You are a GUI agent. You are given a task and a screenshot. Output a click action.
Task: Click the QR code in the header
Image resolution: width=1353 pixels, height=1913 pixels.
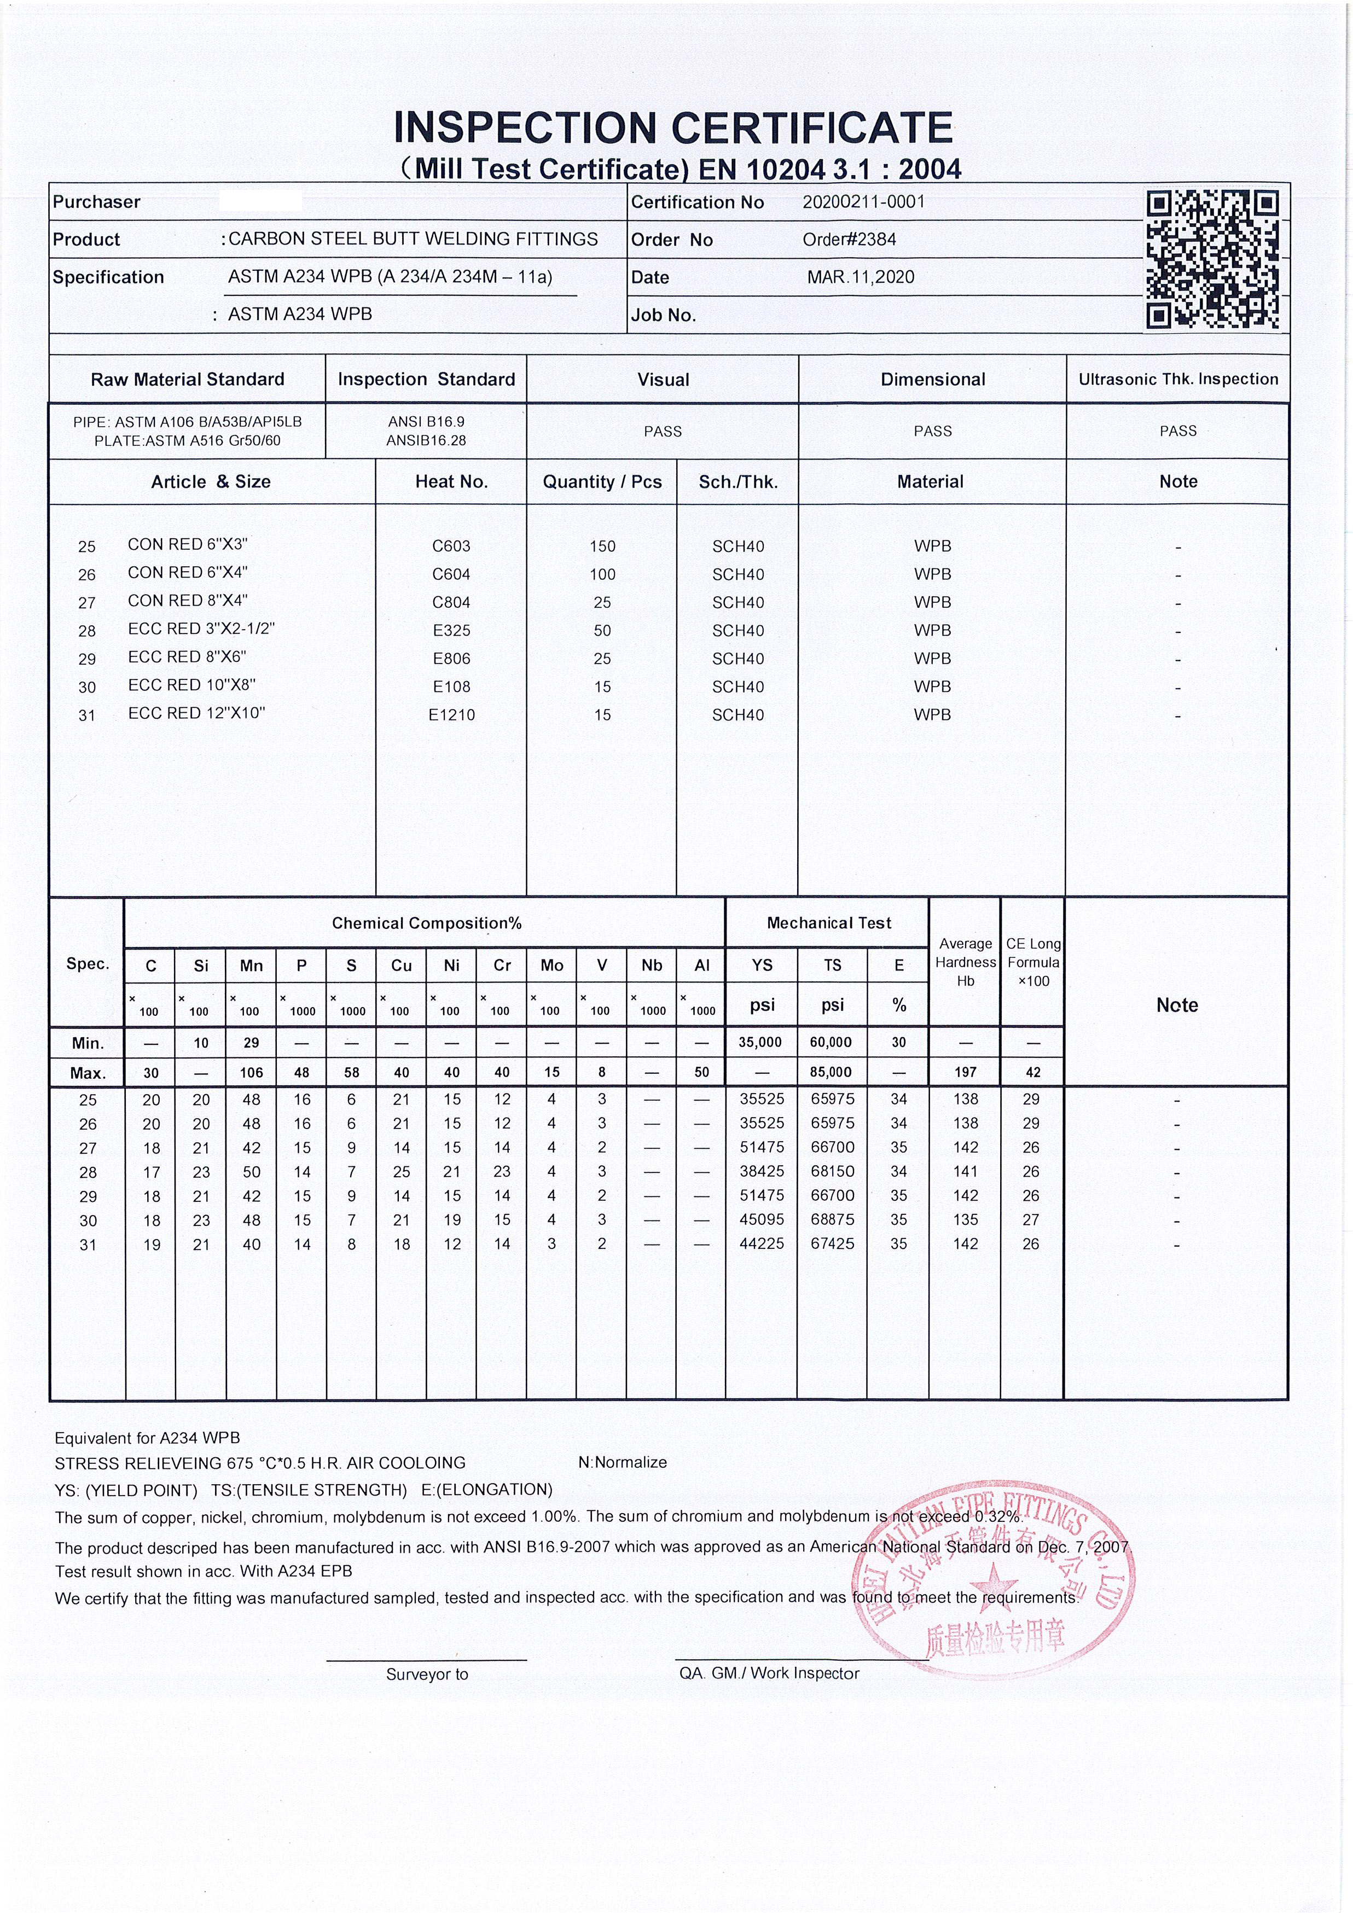pos(1212,259)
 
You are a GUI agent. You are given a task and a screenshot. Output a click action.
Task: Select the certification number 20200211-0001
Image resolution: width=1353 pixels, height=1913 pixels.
pos(863,202)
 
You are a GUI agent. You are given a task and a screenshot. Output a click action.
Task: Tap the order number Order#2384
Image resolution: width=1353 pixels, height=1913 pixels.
pos(849,240)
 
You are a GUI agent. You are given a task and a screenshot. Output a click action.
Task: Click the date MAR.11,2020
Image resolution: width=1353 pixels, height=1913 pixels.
pos(860,277)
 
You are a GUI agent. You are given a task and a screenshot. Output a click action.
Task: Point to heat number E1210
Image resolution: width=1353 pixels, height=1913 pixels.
pos(451,715)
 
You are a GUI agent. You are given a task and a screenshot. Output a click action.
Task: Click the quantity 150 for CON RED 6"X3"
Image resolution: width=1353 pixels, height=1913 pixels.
pos(602,546)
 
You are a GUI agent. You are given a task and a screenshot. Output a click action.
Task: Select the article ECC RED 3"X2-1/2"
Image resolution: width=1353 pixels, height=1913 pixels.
pos(201,629)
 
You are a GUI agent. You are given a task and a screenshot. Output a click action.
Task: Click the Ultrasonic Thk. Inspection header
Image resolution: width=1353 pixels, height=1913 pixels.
pos(1178,379)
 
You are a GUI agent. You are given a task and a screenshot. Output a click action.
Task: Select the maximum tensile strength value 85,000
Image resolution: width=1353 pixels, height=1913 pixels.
pos(832,1072)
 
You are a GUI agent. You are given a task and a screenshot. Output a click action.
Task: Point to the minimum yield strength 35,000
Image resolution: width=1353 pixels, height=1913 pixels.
pos(760,1042)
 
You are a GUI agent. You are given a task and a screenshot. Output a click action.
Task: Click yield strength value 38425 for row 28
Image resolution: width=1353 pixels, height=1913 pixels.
pos(762,1171)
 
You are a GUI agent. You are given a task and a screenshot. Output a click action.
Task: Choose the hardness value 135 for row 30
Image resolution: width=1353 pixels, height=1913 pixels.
pos(966,1220)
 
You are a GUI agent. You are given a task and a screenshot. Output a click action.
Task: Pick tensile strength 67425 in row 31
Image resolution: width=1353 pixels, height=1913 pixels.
pos(832,1244)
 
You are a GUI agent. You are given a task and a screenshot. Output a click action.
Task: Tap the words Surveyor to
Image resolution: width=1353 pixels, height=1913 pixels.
pos(427,1674)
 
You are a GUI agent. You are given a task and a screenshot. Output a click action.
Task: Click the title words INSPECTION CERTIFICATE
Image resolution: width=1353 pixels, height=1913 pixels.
pos(673,127)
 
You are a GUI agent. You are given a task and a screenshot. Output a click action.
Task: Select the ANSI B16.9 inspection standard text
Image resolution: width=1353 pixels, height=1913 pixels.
pos(426,422)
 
